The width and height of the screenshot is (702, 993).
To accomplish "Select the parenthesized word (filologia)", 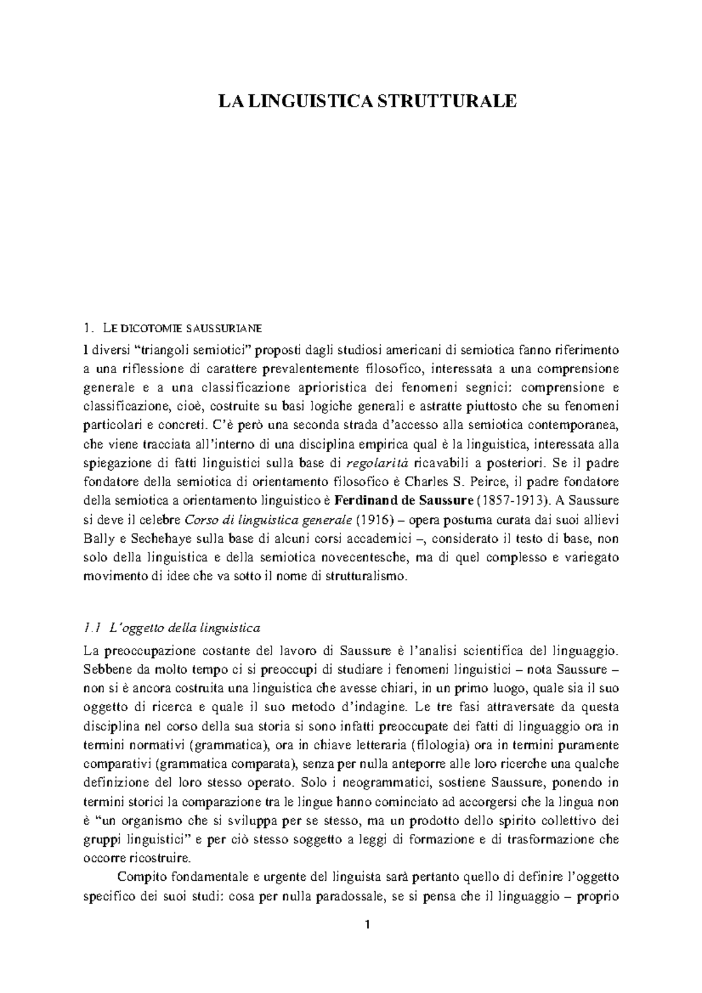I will click(442, 744).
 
